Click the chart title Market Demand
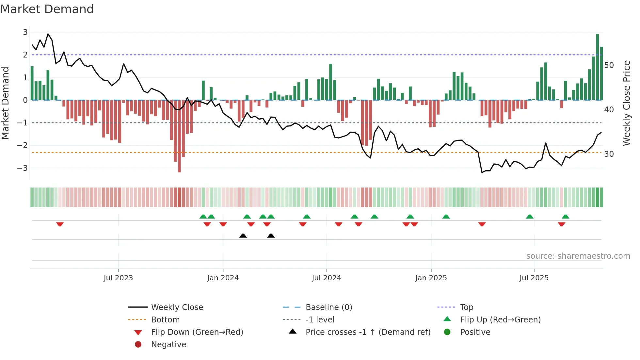pos(47,9)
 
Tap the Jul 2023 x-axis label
pos(118,278)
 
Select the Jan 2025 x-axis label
pos(431,278)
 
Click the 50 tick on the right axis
pos(609,65)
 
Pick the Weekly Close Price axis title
pos(626,103)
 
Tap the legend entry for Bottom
pos(165,320)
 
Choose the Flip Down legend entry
pos(197,332)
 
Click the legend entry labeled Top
pos(467,307)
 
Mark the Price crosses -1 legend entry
pos(368,332)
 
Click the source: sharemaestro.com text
pos(578,256)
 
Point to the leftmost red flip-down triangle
pos(60,224)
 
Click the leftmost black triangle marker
pos(243,236)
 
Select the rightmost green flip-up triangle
pos(566,217)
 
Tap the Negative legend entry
pos(168,345)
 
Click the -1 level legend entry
pos(320,320)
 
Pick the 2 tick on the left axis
pos(25,55)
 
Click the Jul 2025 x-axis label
pos(534,278)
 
